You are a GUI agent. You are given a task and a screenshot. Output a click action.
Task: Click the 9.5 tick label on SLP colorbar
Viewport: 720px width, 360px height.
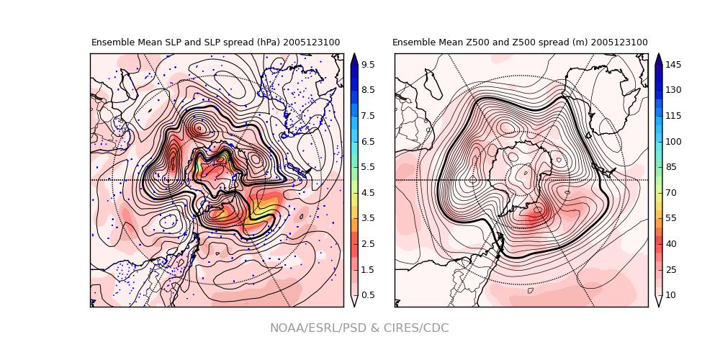point(367,65)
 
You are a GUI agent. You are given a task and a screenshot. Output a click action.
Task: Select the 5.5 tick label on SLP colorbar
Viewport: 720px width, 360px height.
point(367,167)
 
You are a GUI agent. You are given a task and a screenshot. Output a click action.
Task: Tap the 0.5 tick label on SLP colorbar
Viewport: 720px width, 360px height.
point(367,295)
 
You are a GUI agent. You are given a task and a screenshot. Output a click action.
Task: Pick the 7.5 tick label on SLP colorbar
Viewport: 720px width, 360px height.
point(367,116)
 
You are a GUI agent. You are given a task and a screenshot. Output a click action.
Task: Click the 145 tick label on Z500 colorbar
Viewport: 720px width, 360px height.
point(673,65)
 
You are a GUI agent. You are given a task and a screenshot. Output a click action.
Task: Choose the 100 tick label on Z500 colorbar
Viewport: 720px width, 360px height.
point(673,142)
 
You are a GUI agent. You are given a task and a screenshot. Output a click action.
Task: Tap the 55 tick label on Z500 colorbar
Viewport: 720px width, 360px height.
point(671,218)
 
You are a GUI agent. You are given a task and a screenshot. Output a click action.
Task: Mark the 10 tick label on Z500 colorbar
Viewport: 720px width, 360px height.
point(671,295)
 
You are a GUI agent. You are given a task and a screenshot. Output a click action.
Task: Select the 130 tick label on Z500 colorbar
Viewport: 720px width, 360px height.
point(673,91)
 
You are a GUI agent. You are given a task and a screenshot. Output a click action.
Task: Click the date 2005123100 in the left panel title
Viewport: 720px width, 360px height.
point(311,42)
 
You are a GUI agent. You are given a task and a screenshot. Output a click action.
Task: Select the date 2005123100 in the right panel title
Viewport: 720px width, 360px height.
point(618,42)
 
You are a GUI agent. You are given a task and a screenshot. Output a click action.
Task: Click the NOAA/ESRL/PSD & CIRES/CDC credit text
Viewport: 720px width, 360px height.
point(359,328)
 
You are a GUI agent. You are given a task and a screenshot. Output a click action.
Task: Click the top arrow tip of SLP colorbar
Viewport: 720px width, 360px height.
point(354,55)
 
